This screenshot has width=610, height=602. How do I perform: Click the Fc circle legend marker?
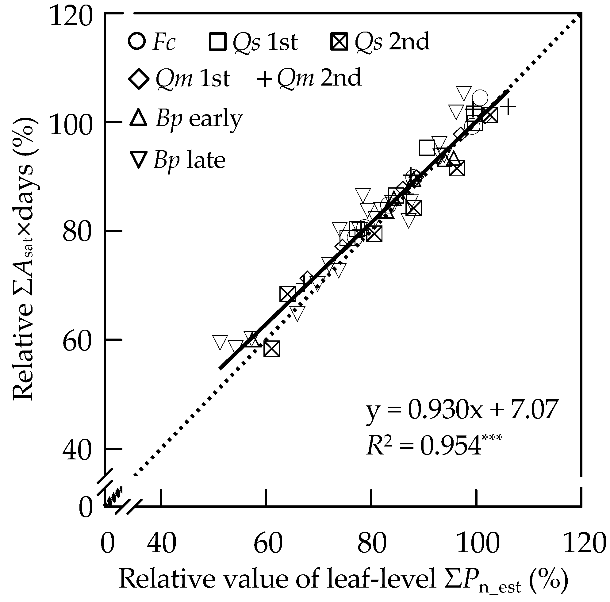pyautogui.click(x=137, y=41)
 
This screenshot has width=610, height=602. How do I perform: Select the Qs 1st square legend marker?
pyautogui.click(x=217, y=42)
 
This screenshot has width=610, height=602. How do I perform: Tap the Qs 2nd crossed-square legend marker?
pyautogui.click(x=340, y=42)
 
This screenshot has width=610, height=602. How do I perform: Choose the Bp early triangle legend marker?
pyautogui.click(x=139, y=118)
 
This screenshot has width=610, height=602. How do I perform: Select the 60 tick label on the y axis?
pyautogui.click(x=77, y=340)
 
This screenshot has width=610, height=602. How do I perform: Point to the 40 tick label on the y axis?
pyautogui.click(x=77, y=449)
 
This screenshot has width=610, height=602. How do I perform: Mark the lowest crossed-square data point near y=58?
pyautogui.click(x=271, y=349)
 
